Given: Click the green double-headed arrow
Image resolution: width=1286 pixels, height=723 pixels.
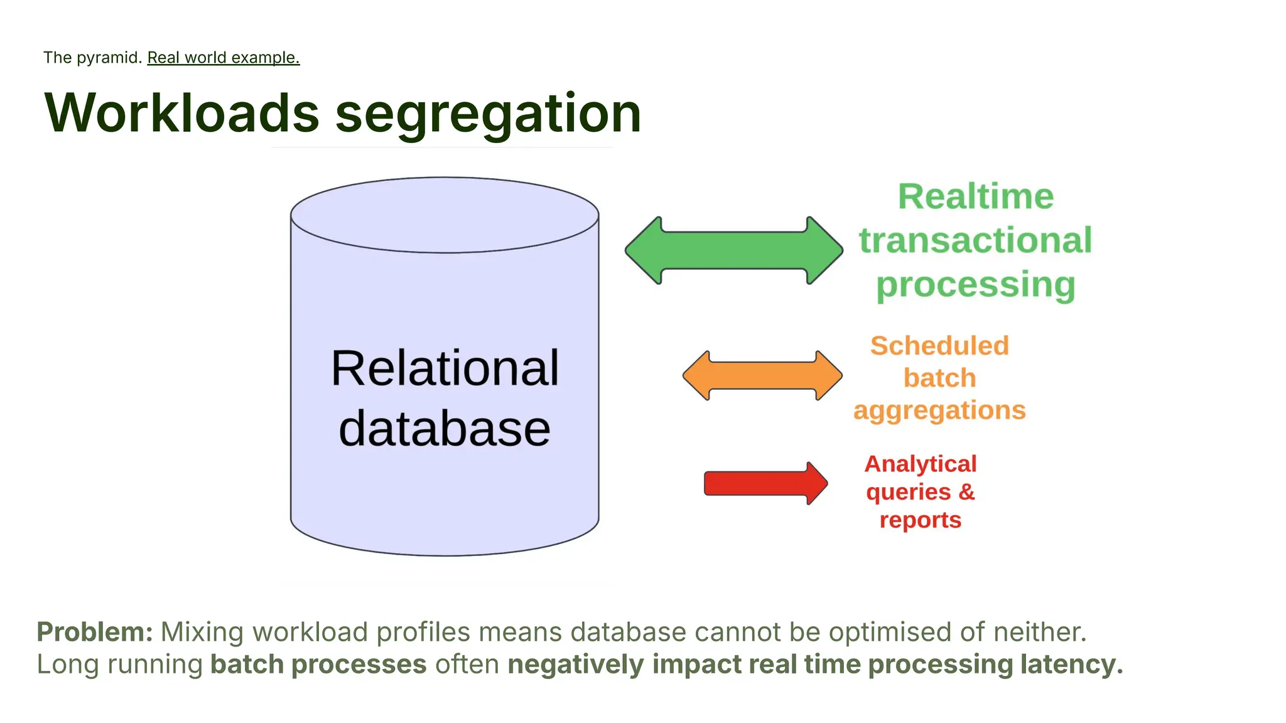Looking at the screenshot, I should [733, 250].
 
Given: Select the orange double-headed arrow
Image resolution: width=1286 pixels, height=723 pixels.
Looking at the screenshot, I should [762, 375].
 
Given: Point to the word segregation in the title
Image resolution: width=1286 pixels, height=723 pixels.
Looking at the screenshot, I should [488, 114].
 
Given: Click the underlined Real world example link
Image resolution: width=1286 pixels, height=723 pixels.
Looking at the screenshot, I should [223, 58].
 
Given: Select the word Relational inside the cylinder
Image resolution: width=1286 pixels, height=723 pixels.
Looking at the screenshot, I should [445, 368].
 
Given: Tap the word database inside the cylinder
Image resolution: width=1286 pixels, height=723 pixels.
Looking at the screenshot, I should [445, 429].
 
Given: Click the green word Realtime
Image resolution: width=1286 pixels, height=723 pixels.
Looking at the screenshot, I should [975, 196].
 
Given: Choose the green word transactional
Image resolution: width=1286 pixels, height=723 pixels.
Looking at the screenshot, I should [975, 240].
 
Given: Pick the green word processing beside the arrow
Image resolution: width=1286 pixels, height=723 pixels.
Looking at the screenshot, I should [975, 285].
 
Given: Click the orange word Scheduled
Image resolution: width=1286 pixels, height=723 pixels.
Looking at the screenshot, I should [939, 346].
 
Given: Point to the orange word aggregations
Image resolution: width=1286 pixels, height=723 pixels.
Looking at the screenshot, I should [939, 410].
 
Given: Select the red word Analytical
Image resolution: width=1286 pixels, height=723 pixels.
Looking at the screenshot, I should [921, 464].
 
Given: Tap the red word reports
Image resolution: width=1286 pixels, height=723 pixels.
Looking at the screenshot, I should [921, 520].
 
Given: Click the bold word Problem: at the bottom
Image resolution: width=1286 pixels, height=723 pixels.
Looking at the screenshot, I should [95, 632].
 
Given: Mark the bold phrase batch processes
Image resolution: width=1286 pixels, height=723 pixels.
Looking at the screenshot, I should [318, 665].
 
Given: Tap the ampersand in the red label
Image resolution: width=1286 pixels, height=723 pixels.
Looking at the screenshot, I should [966, 492].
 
